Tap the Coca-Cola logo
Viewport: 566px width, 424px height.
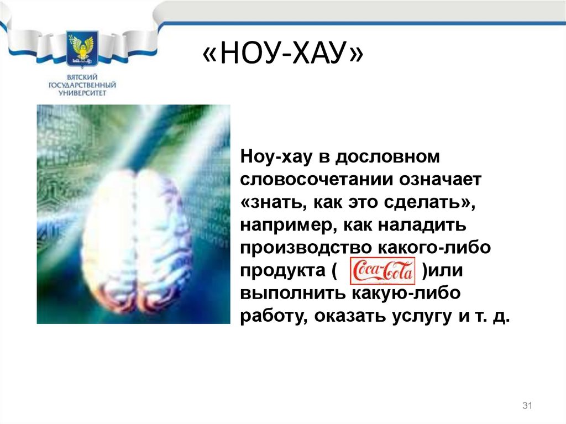click(x=382, y=271)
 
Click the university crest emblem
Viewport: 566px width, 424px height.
click(x=82, y=49)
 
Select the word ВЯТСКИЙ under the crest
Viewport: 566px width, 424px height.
click(x=82, y=77)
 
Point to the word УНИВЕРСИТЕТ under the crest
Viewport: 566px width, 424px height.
click(x=82, y=93)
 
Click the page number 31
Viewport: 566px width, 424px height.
click(x=527, y=405)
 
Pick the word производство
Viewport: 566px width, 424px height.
click(x=306, y=248)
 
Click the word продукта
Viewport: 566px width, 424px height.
click(x=282, y=271)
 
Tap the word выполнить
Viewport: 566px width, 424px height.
click(x=293, y=293)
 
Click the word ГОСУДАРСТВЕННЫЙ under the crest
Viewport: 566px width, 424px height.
click(x=82, y=85)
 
